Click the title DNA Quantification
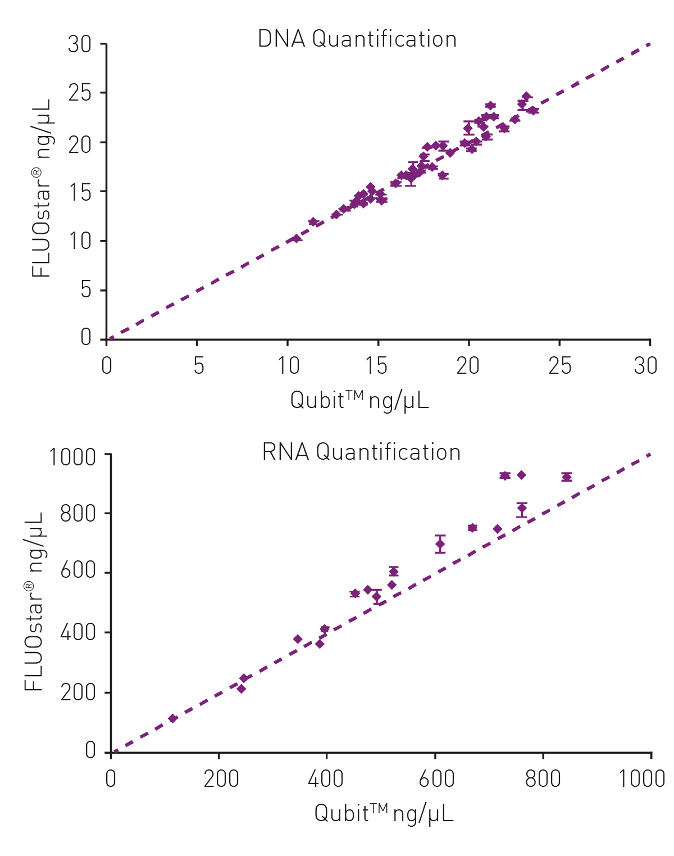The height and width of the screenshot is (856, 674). point(357,39)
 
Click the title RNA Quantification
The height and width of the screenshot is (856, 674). point(361,452)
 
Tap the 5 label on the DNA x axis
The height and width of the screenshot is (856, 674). point(198,366)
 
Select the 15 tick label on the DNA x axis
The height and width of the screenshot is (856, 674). point(376,366)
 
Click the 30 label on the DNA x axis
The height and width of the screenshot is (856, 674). point(645,366)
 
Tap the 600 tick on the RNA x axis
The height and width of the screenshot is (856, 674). point(436,779)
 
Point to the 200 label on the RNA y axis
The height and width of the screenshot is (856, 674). point(78,692)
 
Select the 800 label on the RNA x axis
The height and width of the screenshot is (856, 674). point(543,779)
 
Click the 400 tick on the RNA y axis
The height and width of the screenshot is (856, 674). point(78,633)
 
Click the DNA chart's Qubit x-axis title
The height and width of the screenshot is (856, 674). point(359,401)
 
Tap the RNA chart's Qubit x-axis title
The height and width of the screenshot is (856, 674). point(384,813)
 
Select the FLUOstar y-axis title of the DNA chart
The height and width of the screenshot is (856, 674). point(42,188)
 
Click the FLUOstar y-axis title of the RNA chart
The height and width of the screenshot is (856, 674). point(34,601)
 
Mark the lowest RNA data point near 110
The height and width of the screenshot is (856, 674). point(173,719)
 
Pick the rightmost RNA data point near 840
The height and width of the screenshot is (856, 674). point(567,477)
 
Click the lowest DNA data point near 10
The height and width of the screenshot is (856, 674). point(297,239)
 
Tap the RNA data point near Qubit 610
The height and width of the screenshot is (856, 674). point(440,544)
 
